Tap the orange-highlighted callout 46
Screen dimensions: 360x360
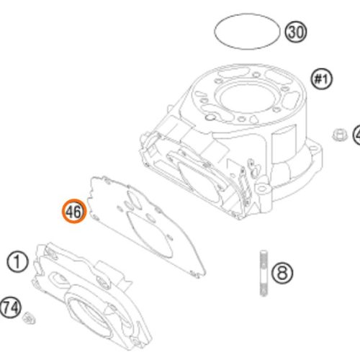(74, 212)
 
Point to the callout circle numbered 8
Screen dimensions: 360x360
(282, 273)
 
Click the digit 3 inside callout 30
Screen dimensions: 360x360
(292, 32)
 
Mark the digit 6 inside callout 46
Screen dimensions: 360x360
(78, 212)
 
